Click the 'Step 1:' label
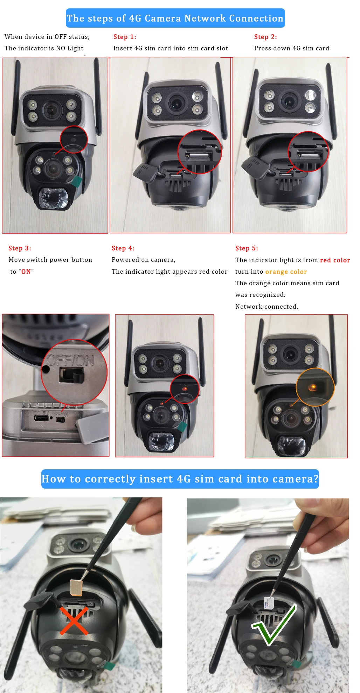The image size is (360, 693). point(125,37)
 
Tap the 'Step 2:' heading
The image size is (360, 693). point(265,37)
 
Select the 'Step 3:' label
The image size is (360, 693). point(20,248)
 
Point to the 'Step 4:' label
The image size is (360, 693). point(123,248)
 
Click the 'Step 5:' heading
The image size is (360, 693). point(247,248)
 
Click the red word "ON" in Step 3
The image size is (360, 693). point(26,272)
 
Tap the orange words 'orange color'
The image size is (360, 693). point(286,272)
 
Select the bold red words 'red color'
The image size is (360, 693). point(335,260)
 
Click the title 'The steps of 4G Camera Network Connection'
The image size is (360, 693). point(175,18)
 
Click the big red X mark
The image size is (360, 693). point(74,620)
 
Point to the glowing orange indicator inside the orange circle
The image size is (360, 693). point(313,387)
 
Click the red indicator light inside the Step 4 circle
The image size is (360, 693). point(184,388)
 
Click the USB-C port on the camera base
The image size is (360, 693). point(41,418)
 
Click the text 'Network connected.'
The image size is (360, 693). point(266,307)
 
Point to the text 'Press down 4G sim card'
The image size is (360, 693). point(292,48)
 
